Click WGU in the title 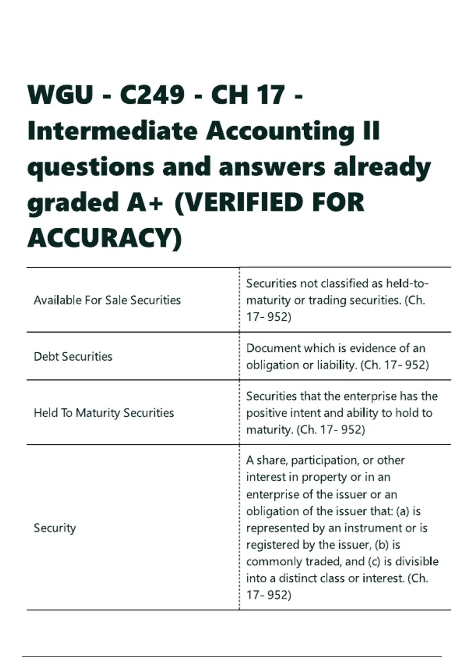point(60,95)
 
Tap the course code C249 point(152,95)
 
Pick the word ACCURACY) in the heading point(104,238)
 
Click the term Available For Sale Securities point(107,300)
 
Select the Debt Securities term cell point(73,356)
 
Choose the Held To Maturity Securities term point(104,413)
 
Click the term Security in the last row point(55,528)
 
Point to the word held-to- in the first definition point(408,284)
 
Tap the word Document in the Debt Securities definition point(273,348)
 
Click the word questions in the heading point(90,167)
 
